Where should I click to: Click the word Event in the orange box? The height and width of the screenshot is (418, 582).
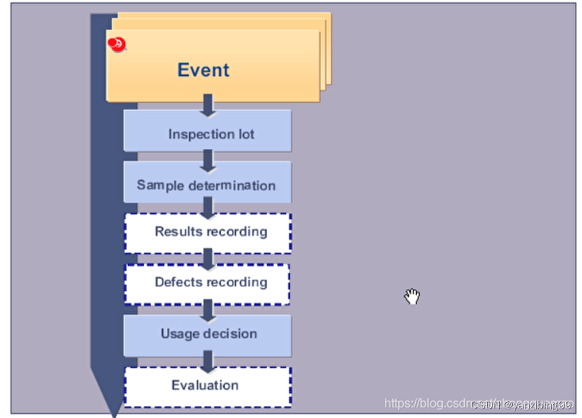click(x=203, y=70)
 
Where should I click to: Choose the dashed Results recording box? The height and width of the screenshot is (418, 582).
click(x=207, y=233)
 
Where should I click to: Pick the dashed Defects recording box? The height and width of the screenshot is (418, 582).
click(x=207, y=283)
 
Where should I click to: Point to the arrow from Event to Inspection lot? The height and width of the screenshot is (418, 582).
click(x=208, y=105)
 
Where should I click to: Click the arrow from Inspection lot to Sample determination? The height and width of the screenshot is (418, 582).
click(x=208, y=159)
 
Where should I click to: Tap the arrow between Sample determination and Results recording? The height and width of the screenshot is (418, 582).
click(x=208, y=209)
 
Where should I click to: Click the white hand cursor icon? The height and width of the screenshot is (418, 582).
click(x=412, y=296)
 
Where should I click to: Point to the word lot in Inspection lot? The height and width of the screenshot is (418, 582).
click(x=245, y=134)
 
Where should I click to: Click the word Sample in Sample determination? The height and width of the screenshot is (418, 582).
click(x=159, y=185)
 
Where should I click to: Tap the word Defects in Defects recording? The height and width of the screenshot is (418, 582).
click(x=178, y=282)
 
